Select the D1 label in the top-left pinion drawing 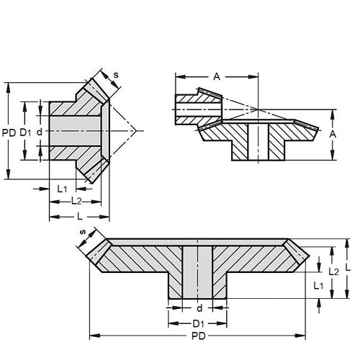[24, 132]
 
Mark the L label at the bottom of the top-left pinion [79, 216]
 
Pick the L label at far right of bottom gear [348, 267]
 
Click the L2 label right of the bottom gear [333, 271]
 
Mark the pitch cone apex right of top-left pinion [136, 130]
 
